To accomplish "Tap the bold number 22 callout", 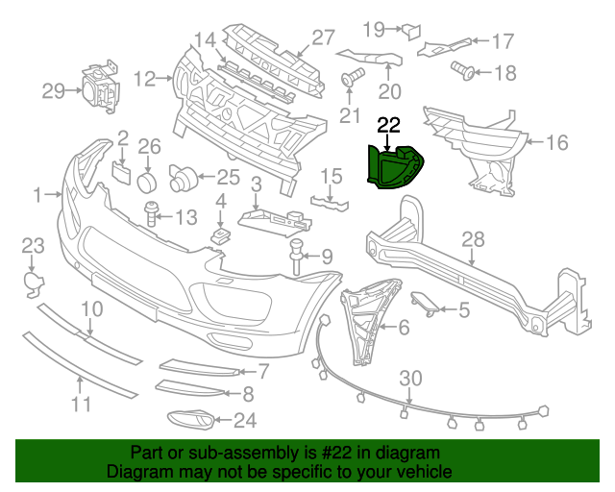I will tap(389, 124).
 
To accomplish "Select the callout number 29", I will tap(54, 91).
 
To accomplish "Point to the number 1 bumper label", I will tap(38, 195).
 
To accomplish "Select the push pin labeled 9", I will tap(296, 257).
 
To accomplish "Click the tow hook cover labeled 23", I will tap(32, 281).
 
